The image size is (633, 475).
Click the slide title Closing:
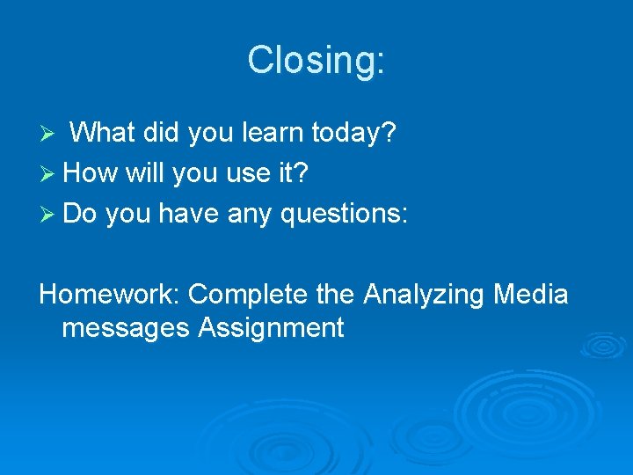point(316,61)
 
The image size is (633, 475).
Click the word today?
point(356,134)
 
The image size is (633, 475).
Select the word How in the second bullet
point(91,173)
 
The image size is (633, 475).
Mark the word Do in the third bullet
point(80,214)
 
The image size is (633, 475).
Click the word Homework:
point(110,294)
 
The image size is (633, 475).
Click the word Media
point(530,294)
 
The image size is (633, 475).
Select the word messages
point(127,328)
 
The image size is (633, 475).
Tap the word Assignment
point(272,328)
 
